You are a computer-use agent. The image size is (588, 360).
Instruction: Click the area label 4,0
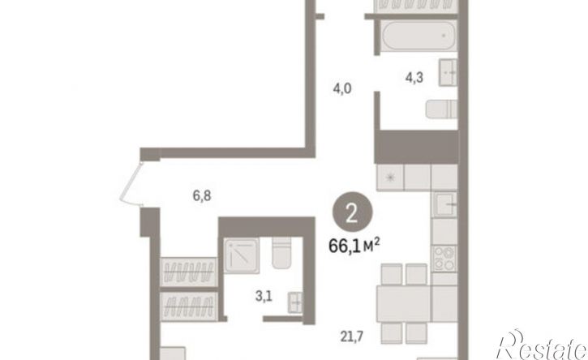coord(342,89)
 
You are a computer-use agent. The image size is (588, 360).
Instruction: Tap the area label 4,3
coord(414,78)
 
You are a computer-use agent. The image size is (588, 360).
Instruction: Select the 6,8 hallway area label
coord(202,195)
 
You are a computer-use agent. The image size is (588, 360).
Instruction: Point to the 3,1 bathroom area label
coord(264,296)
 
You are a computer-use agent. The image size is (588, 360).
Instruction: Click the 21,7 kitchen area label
coord(352,336)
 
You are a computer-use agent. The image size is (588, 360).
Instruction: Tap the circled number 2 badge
coord(352,212)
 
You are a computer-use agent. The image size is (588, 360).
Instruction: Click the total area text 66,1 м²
coord(354,246)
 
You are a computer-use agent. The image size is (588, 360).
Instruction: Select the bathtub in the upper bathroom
coord(418,35)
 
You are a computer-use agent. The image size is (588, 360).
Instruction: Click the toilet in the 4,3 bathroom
coord(441,109)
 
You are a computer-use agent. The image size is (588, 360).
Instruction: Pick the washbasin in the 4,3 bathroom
coord(449,72)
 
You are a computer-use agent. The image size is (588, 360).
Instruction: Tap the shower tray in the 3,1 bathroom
coord(242,255)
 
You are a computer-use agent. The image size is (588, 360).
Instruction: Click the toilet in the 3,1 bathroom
coord(281,252)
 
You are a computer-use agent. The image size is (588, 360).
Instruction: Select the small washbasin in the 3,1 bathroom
coord(295,302)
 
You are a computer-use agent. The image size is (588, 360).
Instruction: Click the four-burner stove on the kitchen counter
coord(444,259)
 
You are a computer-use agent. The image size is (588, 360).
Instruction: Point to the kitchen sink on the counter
coord(445,204)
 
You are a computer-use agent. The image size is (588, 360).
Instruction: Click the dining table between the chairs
coord(404,304)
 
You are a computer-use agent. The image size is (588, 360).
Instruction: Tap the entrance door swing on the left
coord(131,184)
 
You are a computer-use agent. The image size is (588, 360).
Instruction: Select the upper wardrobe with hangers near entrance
coord(189,272)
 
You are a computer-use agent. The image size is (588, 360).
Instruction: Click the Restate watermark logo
coord(542,345)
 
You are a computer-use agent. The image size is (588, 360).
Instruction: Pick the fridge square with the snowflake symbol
coord(390,178)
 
